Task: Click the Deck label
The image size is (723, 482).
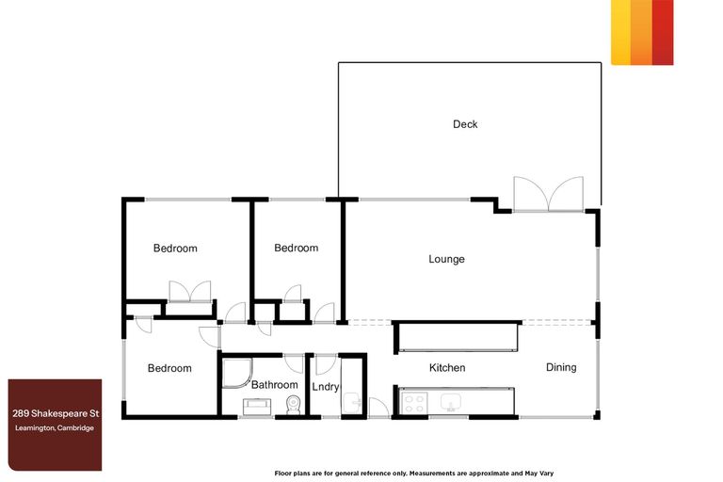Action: tap(465, 124)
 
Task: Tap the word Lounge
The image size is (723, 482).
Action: tap(446, 259)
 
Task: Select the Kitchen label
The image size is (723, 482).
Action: tap(447, 368)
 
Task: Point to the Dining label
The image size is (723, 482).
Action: tap(561, 367)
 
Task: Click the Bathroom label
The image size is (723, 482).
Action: tap(274, 384)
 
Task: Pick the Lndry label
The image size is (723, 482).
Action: tap(325, 385)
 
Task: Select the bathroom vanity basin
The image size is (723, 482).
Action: tap(257, 406)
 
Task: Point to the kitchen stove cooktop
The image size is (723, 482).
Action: tap(413, 402)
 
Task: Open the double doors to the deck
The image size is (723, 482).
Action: tap(547, 194)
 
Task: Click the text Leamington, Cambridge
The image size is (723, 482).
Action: tap(54, 428)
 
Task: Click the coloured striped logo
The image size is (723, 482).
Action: tap(642, 32)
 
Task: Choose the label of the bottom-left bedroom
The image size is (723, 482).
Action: tap(169, 368)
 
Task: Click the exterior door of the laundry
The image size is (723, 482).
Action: tap(378, 409)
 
